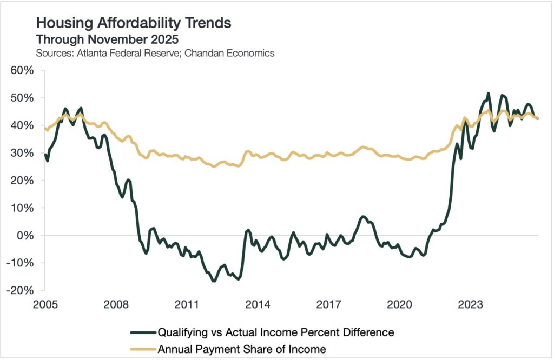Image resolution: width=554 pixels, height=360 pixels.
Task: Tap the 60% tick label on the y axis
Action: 22,70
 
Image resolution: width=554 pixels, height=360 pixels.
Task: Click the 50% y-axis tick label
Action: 22,98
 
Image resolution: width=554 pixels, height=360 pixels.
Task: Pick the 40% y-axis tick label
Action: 22,125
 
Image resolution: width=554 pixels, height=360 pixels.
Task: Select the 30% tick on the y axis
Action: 22,153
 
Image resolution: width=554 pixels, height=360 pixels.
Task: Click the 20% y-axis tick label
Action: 22,181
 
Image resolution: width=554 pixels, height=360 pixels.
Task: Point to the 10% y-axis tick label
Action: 22,208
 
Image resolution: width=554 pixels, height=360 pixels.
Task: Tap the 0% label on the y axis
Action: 25,236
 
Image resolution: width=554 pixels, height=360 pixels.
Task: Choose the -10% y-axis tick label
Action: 20,263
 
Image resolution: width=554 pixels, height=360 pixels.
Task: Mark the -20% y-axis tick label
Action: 20,291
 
